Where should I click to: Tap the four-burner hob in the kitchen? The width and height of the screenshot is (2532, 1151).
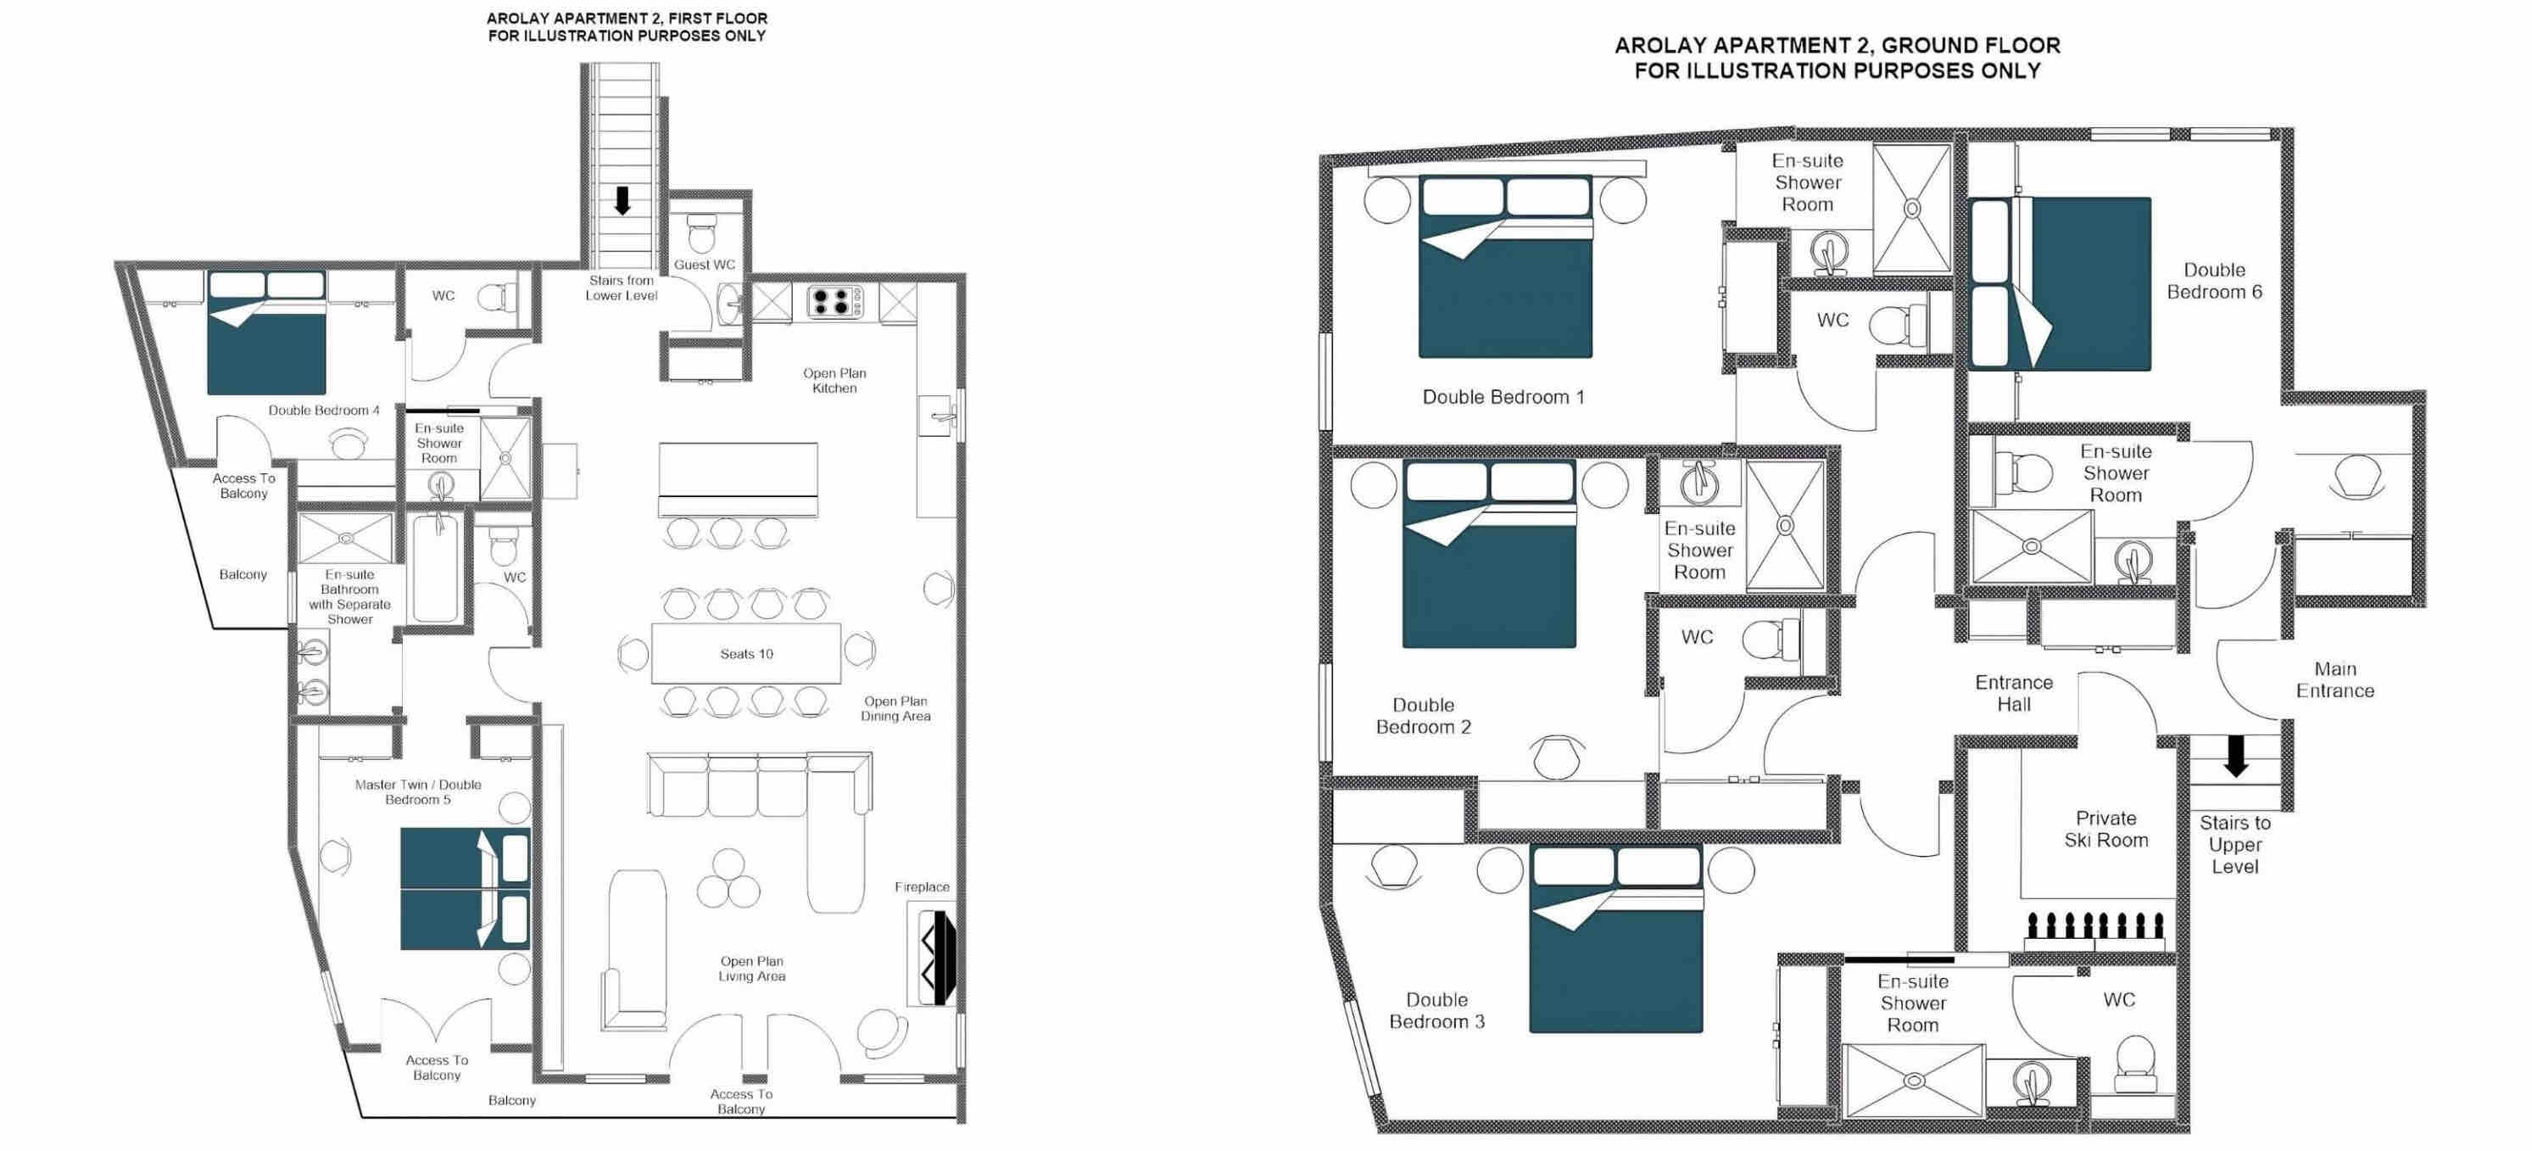[x=834, y=301]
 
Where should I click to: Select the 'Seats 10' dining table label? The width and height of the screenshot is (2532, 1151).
[x=746, y=654]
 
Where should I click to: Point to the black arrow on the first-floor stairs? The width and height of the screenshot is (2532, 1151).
[x=622, y=200]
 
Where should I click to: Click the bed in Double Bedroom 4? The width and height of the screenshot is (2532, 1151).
[x=265, y=333]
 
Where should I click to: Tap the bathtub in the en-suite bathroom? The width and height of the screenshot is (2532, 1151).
[x=436, y=567]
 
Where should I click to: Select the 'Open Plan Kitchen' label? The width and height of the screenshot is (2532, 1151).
[x=834, y=380]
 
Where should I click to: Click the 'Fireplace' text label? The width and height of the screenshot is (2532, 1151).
[x=922, y=886]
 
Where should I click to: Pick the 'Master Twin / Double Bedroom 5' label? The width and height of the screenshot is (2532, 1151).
[x=418, y=792]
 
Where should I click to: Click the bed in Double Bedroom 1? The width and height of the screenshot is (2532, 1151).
[x=1505, y=266]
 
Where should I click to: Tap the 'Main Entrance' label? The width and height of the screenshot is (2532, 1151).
[x=2334, y=679]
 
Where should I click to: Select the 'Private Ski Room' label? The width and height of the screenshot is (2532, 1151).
[x=2105, y=829]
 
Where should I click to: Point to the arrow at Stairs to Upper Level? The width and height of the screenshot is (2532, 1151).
[x=2236, y=756]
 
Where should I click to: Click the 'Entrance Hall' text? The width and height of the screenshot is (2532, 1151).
[x=2014, y=693]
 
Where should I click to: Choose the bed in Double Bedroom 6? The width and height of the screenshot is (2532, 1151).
[x=2061, y=283]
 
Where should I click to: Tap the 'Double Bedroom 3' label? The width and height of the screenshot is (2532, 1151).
[x=1436, y=1010]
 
